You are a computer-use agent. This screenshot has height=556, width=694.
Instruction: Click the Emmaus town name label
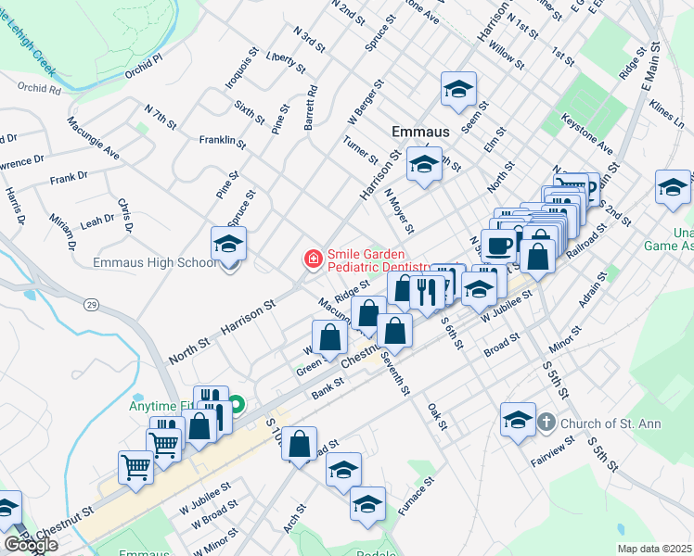click(x=420, y=132)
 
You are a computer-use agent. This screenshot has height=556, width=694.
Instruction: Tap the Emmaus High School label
click(x=155, y=262)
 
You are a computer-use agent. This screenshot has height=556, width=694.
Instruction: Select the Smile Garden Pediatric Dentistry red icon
click(x=314, y=259)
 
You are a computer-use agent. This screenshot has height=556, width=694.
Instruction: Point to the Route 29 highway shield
click(x=92, y=304)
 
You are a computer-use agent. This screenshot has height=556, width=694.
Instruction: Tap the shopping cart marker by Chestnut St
click(x=135, y=466)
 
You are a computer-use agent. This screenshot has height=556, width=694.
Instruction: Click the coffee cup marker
click(x=498, y=246)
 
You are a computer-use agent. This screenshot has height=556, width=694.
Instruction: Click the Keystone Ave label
click(x=587, y=134)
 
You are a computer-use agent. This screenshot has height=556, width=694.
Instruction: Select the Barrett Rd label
click(x=308, y=107)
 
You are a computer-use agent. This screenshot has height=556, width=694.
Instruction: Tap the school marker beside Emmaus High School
click(x=228, y=246)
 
